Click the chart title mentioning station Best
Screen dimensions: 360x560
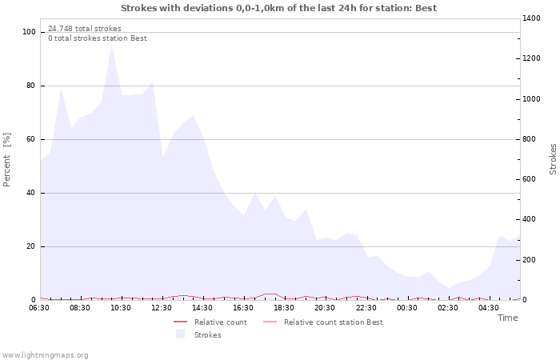point(280,8)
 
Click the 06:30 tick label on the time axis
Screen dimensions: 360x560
point(39,308)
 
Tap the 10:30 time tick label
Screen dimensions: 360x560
point(121,308)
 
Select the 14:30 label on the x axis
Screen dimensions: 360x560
point(203,308)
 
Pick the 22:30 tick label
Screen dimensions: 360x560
point(366,308)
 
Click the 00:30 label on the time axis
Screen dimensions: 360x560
point(407,308)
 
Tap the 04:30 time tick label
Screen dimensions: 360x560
point(489,308)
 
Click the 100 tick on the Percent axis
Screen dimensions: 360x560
point(30,32)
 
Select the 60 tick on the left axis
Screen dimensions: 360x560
point(32,139)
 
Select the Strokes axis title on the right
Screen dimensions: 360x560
point(553,159)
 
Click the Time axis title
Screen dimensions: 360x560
point(507,318)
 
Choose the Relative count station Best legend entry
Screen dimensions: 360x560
point(333,322)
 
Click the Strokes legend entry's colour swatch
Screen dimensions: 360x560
point(180,334)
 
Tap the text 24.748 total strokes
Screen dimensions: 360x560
point(85,29)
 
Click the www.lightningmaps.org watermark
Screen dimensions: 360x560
point(46,355)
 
